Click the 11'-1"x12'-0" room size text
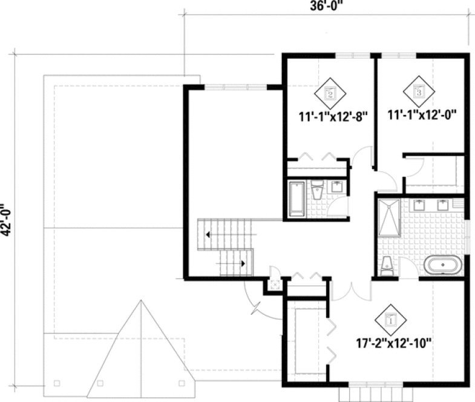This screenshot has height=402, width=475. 422,113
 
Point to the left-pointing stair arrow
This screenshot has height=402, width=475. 208,233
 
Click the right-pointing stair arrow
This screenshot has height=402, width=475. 244,263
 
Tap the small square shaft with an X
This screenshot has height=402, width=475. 275,284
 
